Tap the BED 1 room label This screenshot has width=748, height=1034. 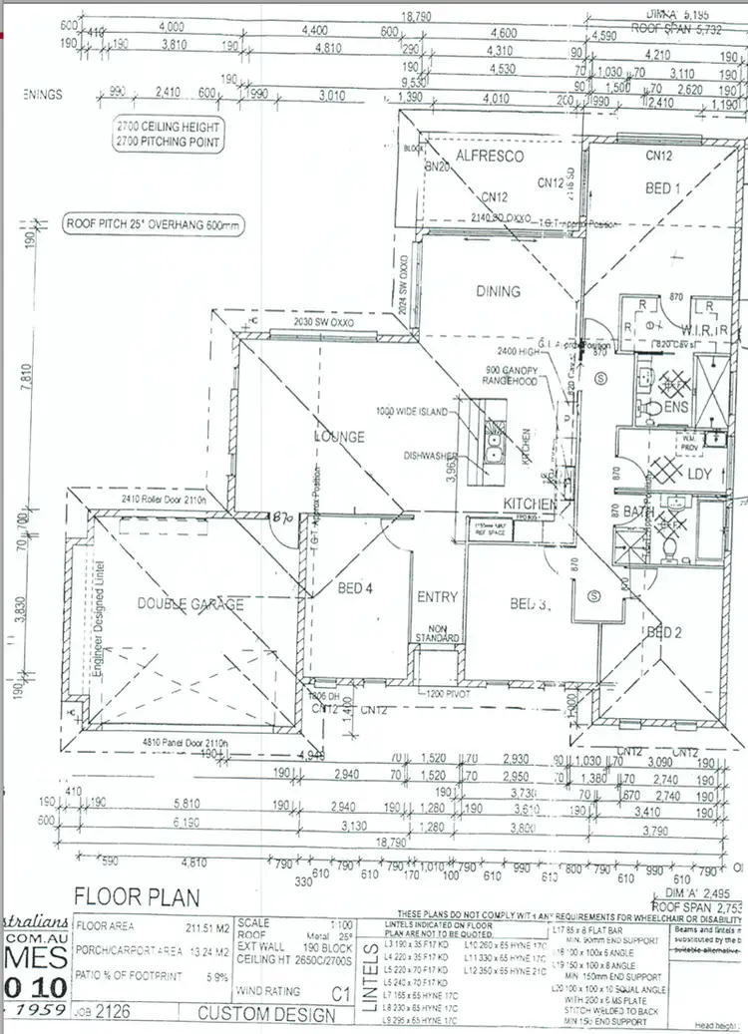[663, 188]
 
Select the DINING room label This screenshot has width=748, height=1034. [498, 291]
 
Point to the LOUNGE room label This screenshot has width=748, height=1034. [340, 437]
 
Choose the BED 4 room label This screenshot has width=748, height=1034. [354, 588]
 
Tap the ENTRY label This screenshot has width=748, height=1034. [437, 597]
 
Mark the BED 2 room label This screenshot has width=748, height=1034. [664, 632]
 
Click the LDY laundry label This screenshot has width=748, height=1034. [699, 475]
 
